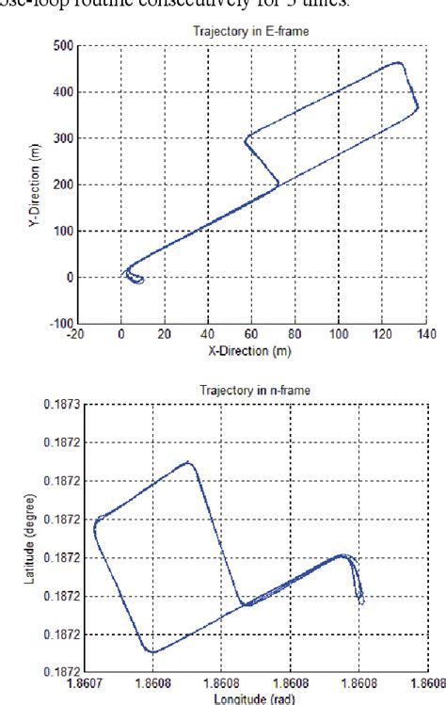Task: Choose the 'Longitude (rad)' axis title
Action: [x=248, y=698]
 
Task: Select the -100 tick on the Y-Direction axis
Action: [x=58, y=324]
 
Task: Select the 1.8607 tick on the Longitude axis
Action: [x=86, y=684]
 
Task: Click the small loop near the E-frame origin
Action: [x=135, y=279]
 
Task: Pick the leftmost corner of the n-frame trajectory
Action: [x=95, y=529]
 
